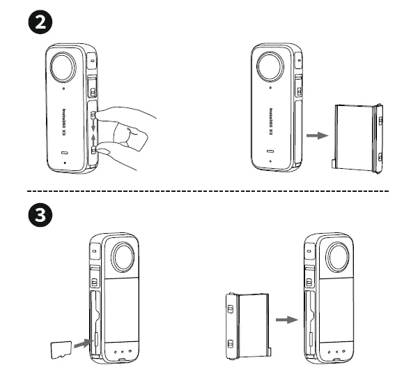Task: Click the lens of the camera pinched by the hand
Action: pyautogui.click(x=64, y=68)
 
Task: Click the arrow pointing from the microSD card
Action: pyautogui.click(x=81, y=343)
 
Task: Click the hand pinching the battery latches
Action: pyautogui.click(x=129, y=133)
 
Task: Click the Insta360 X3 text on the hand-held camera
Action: pyautogui.click(x=63, y=120)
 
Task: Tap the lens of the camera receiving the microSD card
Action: pyautogui.click(x=123, y=258)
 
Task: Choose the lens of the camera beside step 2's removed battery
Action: pyautogui.click(x=271, y=68)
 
